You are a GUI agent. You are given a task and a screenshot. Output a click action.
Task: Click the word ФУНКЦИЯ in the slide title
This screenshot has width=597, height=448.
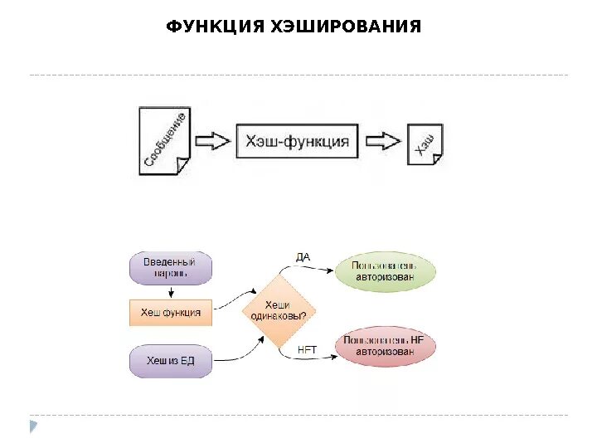tap(215, 27)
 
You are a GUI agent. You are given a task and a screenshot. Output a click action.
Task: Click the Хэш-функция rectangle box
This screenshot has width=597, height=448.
tap(297, 141)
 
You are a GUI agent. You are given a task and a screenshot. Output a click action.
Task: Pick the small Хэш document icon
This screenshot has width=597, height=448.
tap(425, 144)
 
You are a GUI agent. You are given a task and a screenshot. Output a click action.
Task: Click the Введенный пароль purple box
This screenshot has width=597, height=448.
tap(170, 268)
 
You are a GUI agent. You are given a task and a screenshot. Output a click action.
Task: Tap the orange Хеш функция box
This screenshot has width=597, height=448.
tap(171, 313)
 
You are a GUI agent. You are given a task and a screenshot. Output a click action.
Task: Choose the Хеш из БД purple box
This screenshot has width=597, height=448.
tap(170, 360)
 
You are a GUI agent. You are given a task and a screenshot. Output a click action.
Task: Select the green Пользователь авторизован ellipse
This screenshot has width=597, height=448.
tap(386, 272)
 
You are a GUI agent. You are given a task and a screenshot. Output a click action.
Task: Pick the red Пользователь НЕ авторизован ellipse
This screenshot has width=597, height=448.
tap(384, 346)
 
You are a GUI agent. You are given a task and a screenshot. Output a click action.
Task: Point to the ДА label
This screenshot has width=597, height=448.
tap(303, 257)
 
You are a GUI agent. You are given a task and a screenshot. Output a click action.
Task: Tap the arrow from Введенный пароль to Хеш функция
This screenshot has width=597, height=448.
tap(170, 291)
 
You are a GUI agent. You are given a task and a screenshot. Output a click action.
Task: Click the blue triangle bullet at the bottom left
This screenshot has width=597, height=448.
tap(33, 426)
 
